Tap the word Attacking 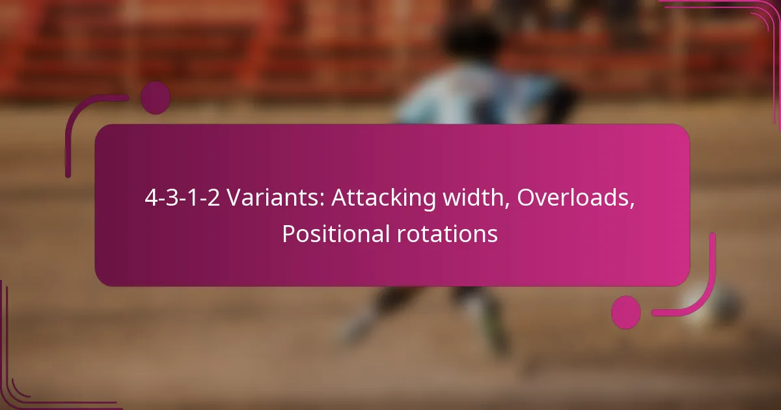[383, 198]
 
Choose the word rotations [447, 234]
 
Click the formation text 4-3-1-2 [182, 198]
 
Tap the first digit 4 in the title [151, 198]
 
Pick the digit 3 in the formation [172, 198]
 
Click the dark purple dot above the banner [156, 98]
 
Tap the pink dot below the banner [626, 312]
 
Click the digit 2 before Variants [213, 198]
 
